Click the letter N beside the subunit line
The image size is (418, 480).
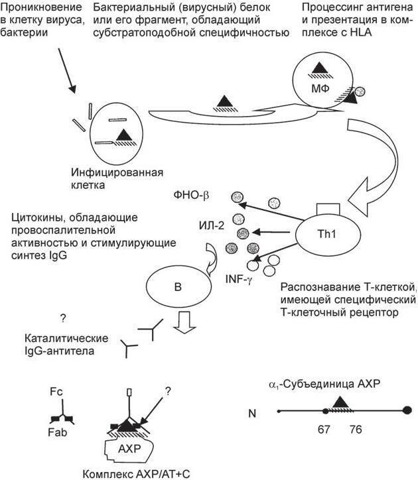[x=252, y=413]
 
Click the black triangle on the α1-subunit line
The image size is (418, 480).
[x=341, y=402]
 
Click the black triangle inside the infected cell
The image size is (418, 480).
[x=124, y=136]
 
